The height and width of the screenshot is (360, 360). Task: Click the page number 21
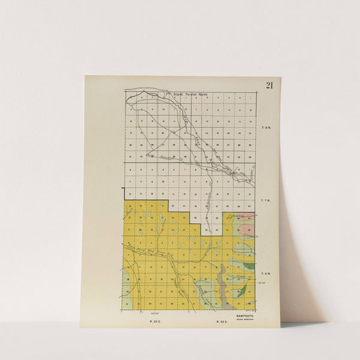coord(269,85)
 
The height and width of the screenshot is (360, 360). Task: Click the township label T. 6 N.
coord(265,274)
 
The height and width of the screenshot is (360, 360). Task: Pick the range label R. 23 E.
coord(221,322)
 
